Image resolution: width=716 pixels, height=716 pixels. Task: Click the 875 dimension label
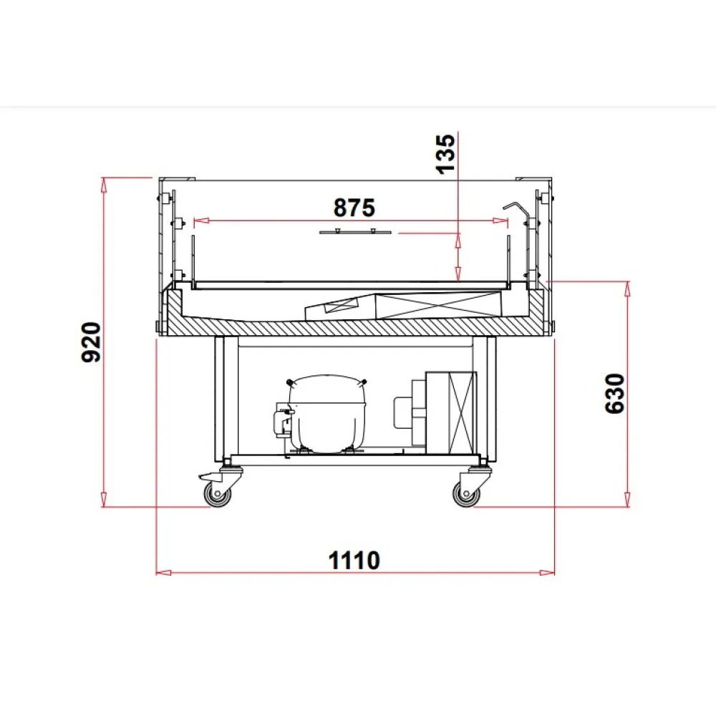[354, 208]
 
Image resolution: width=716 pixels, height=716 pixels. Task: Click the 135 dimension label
[446, 153]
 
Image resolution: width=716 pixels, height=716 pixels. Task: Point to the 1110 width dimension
[354, 561]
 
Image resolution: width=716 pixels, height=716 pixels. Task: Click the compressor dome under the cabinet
[326, 412]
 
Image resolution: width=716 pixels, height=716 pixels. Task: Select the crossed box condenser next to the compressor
[451, 412]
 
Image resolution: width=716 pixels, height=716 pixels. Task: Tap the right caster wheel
[467, 493]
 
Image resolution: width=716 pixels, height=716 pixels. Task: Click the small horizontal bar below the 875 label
[355, 232]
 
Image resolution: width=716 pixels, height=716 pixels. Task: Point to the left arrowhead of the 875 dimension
[200, 221]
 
